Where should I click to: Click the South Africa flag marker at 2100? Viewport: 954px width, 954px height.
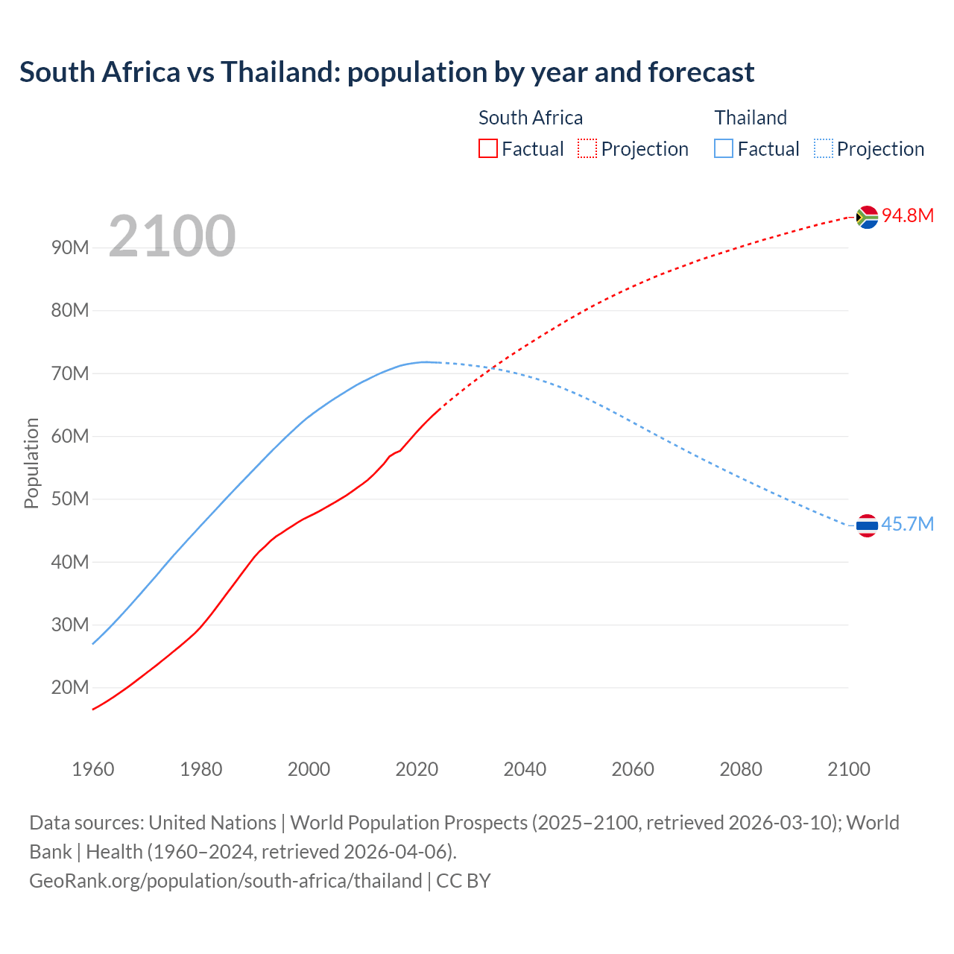point(867,217)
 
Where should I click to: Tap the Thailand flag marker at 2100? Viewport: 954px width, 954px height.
point(867,525)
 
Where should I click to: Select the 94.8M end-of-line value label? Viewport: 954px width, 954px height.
point(908,216)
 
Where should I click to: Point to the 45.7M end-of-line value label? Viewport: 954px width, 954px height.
point(907,525)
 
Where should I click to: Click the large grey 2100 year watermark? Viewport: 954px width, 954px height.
point(172,236)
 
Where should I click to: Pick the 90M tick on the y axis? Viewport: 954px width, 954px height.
point(70,248)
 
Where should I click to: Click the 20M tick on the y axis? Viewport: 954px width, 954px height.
point(70,687)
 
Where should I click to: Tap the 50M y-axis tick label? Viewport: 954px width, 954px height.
point(70,499)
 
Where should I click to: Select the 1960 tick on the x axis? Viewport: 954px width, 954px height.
point(93,769)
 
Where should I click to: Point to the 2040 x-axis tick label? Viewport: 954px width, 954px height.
point(525,769)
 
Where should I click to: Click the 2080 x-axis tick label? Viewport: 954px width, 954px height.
point(741,769)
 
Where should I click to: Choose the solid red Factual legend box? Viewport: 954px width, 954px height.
point(487,149)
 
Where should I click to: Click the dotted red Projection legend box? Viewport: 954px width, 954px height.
point(587,149)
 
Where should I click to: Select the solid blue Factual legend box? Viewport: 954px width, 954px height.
point(724,149)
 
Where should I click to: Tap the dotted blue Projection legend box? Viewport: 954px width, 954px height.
point(824,149)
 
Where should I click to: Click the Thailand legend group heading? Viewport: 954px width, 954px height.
point(751,118)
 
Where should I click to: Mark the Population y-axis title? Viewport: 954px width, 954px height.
point(31,463)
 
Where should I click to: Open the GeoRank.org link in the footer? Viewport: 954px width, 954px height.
point(225,881)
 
